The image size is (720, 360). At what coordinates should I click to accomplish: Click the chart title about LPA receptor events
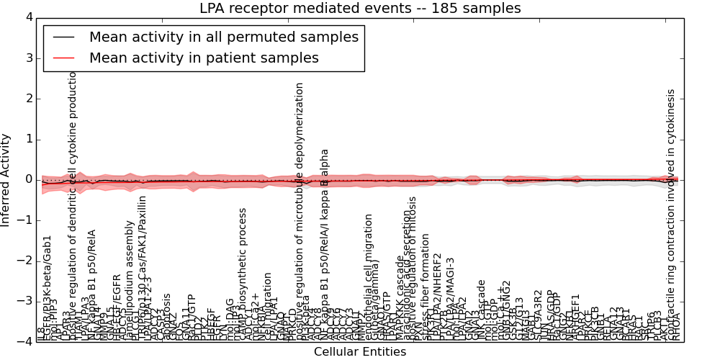click(x=360, y=9)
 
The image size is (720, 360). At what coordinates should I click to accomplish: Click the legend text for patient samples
click(x=204, y=58)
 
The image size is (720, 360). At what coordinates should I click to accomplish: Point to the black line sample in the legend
click(x=63, y=37)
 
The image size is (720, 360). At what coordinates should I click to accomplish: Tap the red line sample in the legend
click(x=63, y=58)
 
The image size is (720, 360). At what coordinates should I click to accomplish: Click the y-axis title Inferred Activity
click(x=6, y=179)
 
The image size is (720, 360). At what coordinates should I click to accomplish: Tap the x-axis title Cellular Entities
click(x=360, y=352)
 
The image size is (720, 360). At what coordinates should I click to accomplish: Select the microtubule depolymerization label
click(x=300, y=209)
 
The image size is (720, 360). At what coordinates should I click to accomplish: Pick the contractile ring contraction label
click(x=671, y=212)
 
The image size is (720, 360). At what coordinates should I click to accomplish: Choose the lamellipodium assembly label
click(x=130, y=281)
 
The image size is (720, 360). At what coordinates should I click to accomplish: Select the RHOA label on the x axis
click(x=676, y=328)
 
